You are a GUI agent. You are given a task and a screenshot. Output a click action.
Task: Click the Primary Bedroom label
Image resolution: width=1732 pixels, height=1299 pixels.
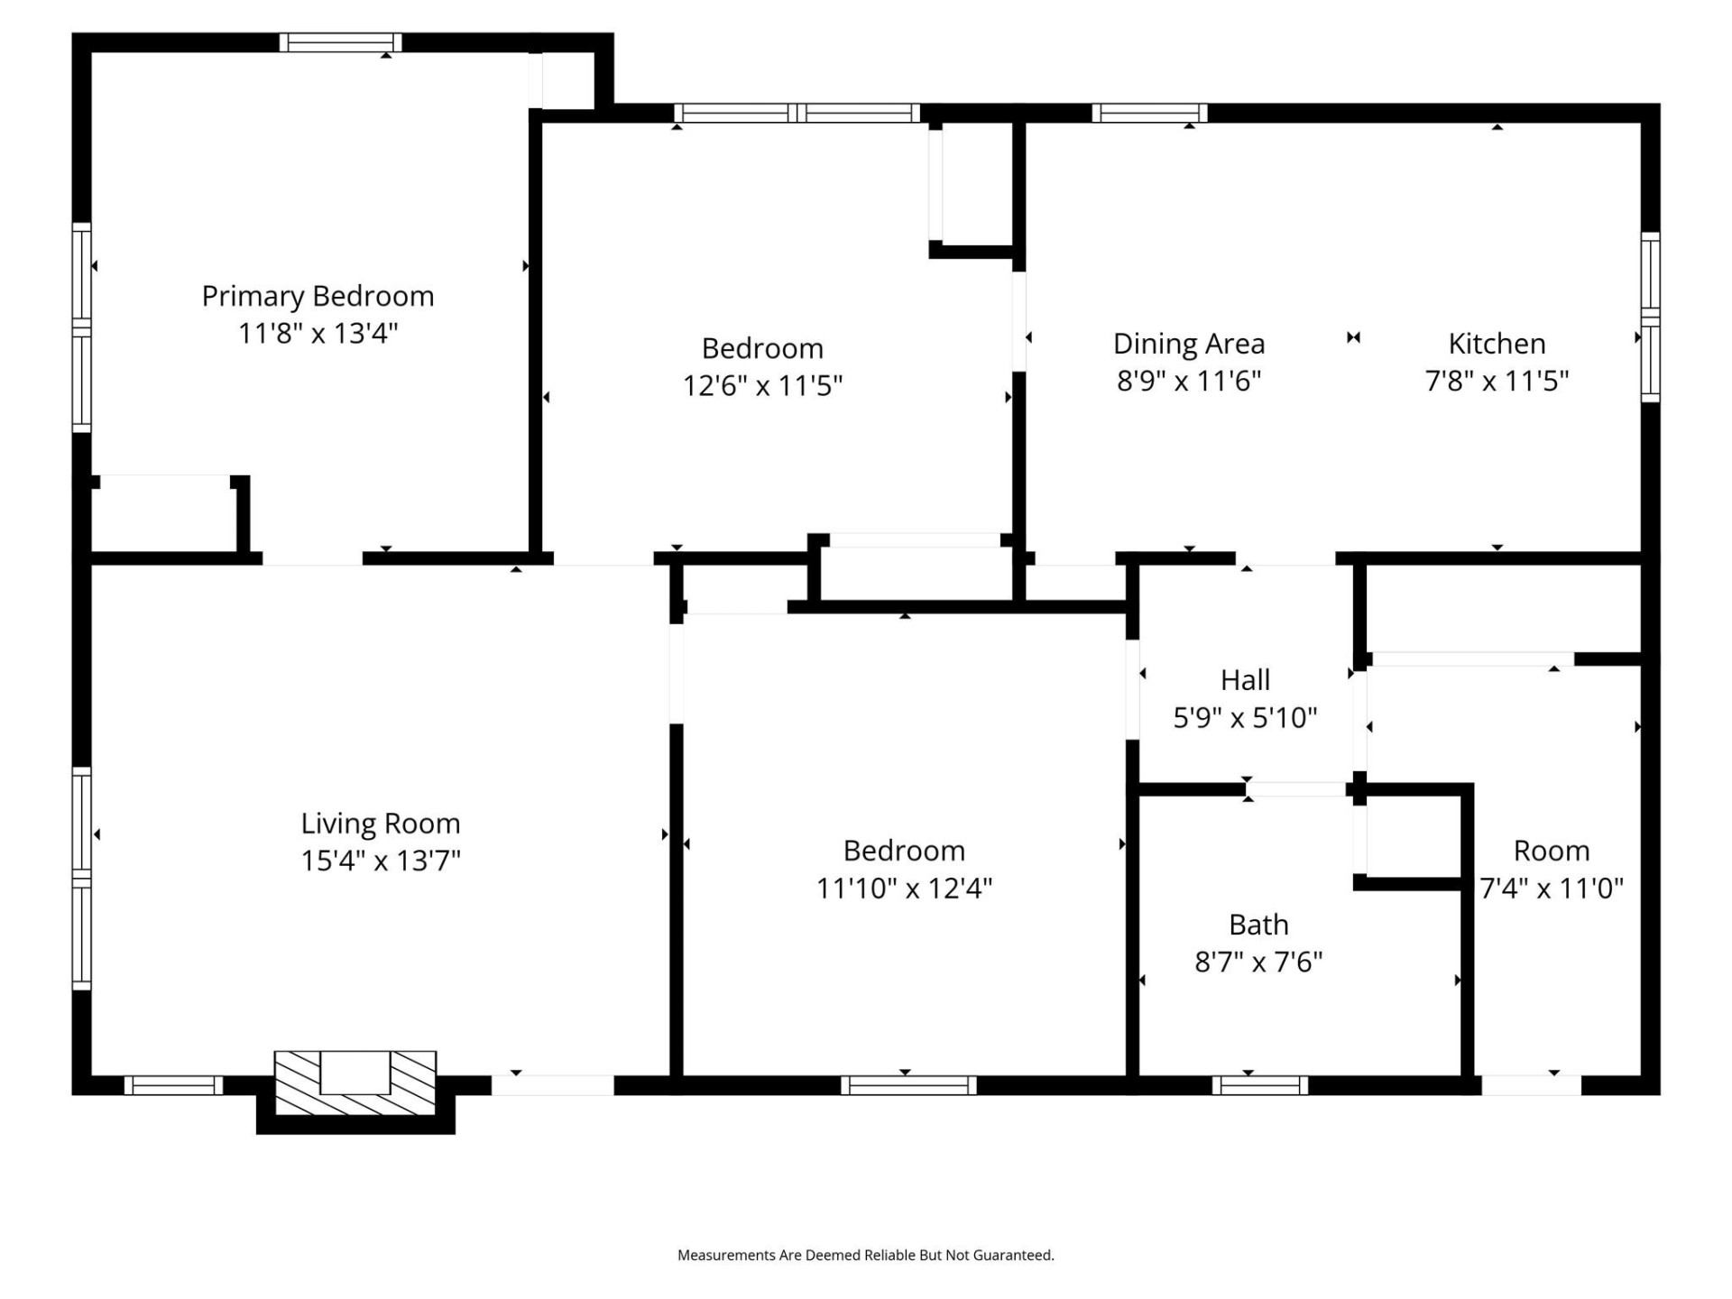pyautogui.click(x=318, y=296)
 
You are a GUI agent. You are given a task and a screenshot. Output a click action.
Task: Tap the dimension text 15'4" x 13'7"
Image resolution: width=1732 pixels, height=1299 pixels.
pyautogui.click(x=380, y=861)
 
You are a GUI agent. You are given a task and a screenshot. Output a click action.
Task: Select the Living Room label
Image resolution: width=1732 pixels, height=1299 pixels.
pyautogui.click(x=380, y=823)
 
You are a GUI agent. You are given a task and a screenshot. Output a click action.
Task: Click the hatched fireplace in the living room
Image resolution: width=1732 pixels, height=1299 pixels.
pyautogui.click(x=355, y=1082)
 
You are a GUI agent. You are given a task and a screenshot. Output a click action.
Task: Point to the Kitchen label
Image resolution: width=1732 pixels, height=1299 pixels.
pyautogui.click(x=1497, y=344)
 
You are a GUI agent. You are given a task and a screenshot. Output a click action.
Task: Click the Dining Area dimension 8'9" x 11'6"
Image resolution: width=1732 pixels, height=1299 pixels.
pyautogui.click(x=1188, y=381)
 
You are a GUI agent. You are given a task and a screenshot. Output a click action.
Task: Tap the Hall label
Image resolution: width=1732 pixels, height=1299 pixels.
pyautogui.click(x=1245, y=680)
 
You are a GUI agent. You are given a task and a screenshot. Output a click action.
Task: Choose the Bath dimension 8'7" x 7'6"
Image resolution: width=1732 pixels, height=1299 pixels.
pyautogui.click(x=1258, y=962)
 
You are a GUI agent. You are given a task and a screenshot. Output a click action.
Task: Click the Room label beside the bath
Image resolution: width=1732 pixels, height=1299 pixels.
pyautogui.click(x=1551, y=851)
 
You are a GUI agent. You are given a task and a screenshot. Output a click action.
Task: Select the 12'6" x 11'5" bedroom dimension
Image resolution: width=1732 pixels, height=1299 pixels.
pyautogui.click(x=762, y=386)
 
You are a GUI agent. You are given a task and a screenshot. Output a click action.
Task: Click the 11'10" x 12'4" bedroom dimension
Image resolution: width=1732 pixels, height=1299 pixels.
pyautogui.click(x=904, y=889)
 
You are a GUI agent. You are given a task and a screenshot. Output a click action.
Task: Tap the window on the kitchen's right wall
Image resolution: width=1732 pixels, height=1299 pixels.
pyautogui.click(x=1650, y=317)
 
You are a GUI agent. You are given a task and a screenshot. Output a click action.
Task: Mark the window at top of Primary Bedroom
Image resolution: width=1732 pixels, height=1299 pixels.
pyautogui.click(x=340, y=42)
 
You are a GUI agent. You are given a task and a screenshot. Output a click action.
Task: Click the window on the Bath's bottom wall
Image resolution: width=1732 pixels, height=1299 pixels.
pyautogui.click(x=1259, y=1085)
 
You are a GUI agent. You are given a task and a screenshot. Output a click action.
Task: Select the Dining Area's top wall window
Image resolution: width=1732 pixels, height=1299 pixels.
pyautogui.click(x=1149, y=113)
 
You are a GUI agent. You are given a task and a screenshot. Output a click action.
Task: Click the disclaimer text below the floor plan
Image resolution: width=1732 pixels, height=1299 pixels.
pyautogui.click(x=865, y=1255)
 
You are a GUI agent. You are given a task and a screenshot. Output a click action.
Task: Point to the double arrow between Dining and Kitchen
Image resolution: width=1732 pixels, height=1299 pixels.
pyautogui.click(x=1353, y=337)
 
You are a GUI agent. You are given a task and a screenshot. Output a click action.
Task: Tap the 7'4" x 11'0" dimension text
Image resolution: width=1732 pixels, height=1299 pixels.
pyautogui.click(x=1551, y=889)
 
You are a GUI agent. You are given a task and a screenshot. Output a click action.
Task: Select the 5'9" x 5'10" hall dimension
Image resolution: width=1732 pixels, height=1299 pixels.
pyautogui.click(x=1245, y=718)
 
